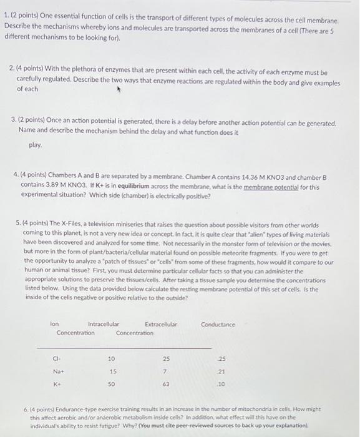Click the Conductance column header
tap(218, 324)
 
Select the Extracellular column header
tap(160, 324)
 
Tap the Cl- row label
tap(57, 359)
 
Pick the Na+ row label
tap(57, 372)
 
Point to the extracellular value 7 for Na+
tap(165, 372)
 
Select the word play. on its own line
tap(36, 145)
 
